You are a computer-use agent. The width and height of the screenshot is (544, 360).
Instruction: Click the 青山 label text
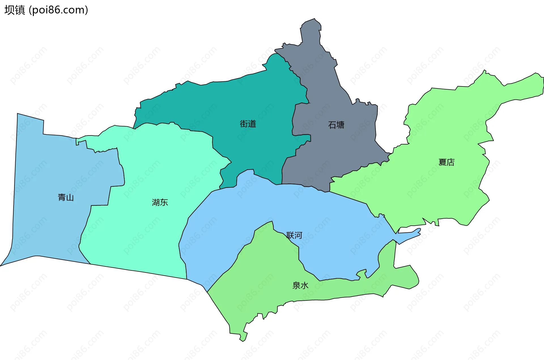[66, 197]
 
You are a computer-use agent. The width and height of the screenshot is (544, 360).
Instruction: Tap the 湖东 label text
[160, 202]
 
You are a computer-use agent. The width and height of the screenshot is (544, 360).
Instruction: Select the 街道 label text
[248, 124]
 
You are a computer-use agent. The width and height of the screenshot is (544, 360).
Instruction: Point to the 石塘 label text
[336, 125]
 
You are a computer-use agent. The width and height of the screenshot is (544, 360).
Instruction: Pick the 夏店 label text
[446, 162]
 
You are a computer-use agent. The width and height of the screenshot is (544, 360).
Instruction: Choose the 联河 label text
[294, 235]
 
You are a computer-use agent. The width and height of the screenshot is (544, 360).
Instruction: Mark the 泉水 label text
[300, 285]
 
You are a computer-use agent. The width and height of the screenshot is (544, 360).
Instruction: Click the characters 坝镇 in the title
[15, 10]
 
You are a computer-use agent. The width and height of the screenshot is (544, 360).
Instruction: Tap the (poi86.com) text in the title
[58, 10]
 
